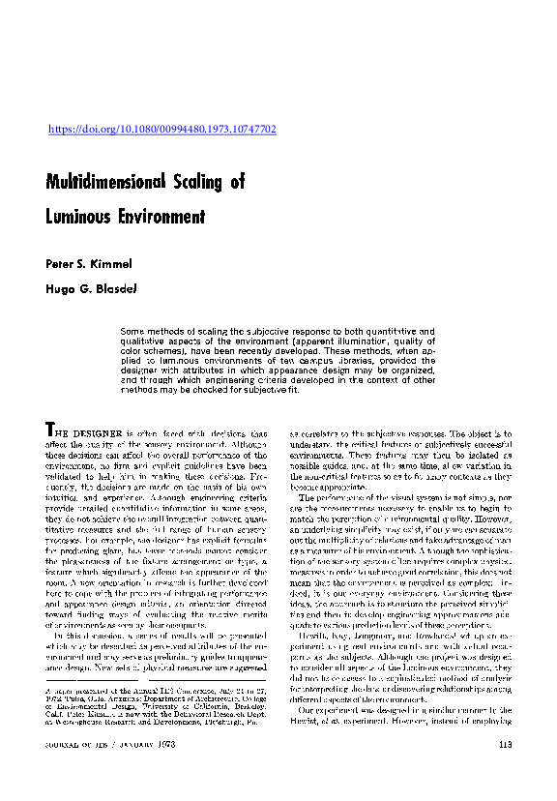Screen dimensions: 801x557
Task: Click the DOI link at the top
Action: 162,129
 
